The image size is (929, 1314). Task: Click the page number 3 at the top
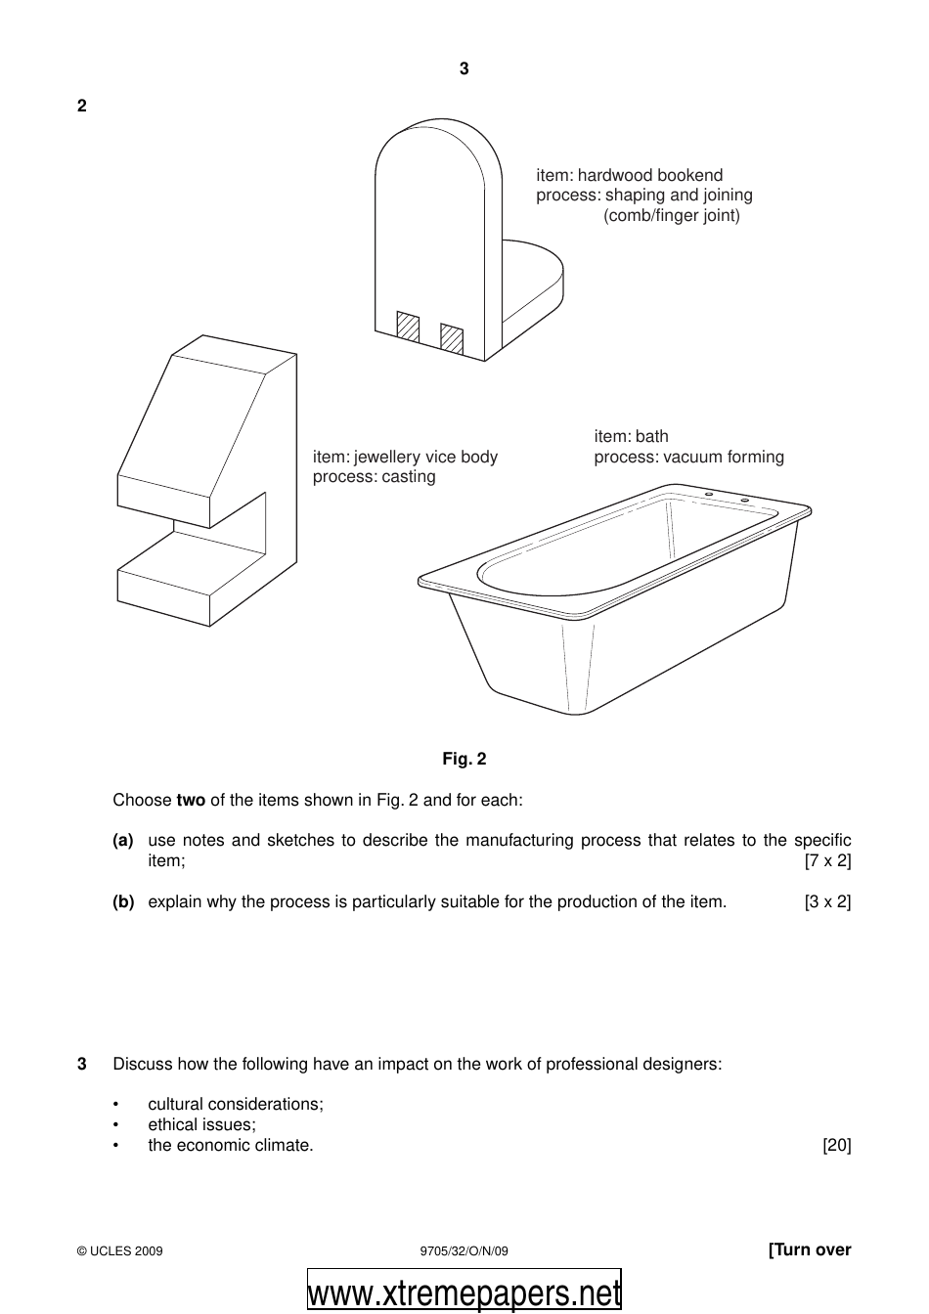464,68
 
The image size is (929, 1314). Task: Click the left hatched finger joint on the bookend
408,328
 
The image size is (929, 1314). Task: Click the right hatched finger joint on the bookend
452,337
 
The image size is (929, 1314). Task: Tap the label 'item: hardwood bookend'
629,175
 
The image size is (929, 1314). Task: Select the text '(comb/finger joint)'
672,215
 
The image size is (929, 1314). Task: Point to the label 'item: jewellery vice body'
405,457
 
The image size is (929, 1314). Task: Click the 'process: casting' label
374,477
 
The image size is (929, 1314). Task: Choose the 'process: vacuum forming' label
688,457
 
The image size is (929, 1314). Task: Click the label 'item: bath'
631,436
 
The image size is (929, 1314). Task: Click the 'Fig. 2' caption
464,759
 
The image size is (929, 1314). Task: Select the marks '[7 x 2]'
827,860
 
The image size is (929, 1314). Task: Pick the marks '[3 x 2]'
827,901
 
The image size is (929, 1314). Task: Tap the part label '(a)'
123,840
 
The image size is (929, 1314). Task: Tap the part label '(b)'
123,901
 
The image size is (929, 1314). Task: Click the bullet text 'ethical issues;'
201,1124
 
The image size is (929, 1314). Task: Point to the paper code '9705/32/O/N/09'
464,1250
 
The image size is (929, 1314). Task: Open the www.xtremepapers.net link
464,1292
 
